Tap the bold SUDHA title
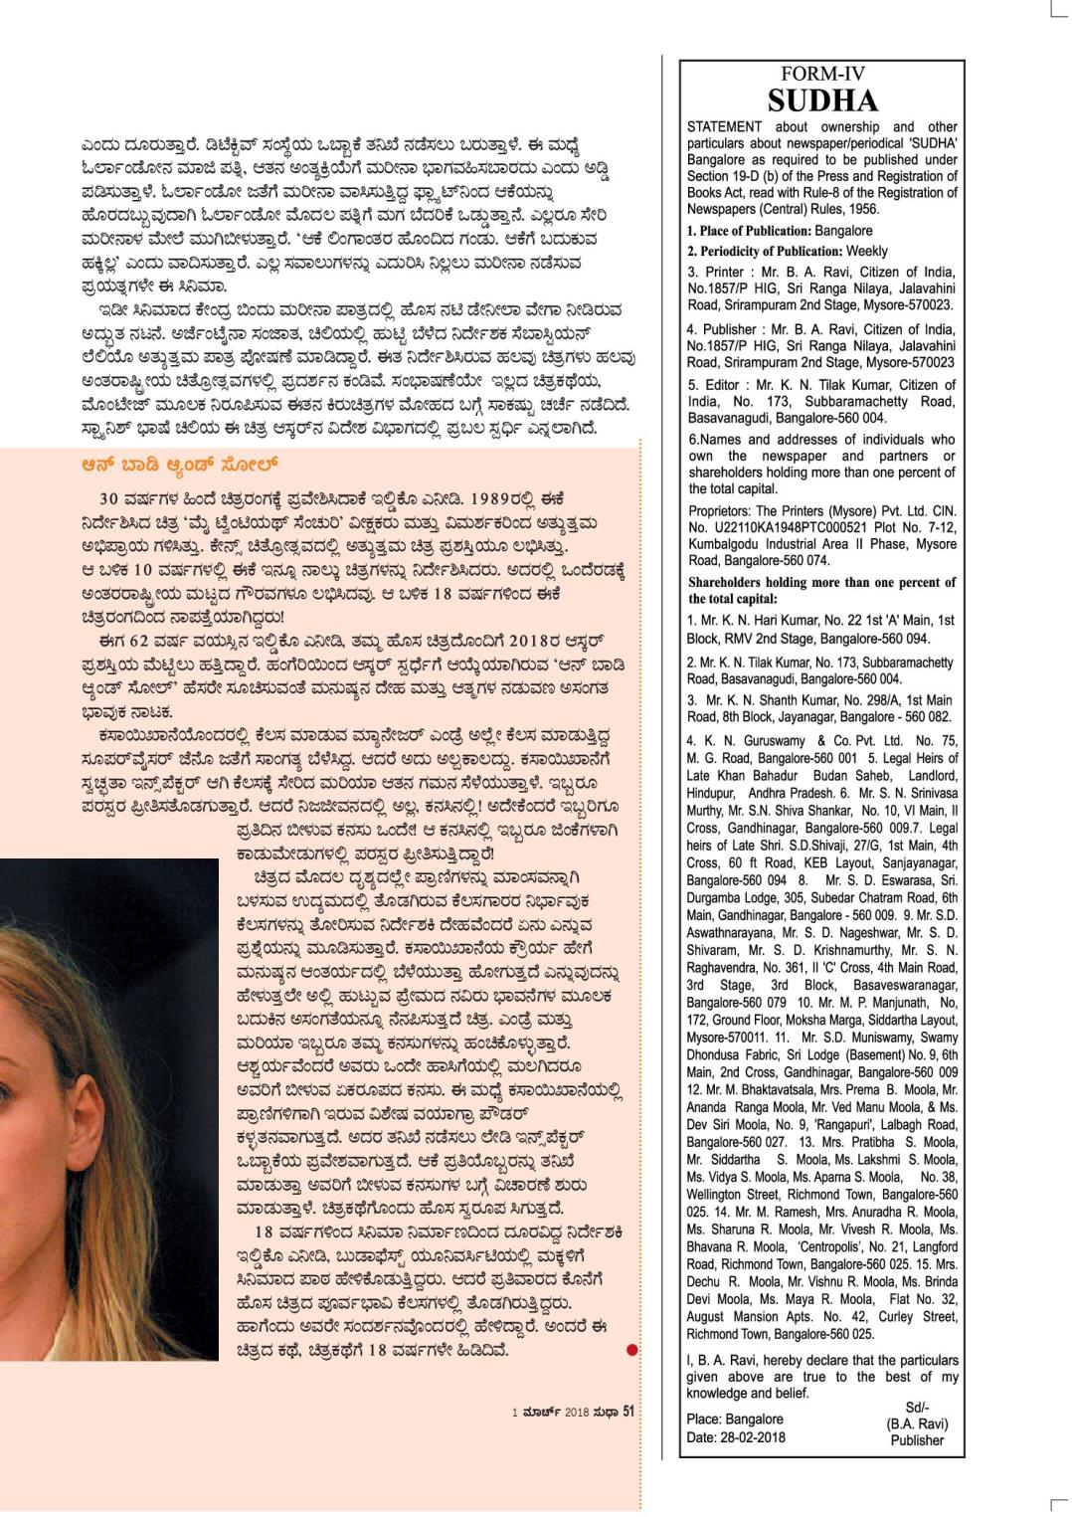pyautogui.click(x=821, y=100)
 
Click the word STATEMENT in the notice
pyautogui.click(x=724, y=127)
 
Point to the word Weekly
pyautogui.click(x=867, y=252)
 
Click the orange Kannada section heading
pyautogui.click(x=180, y=465)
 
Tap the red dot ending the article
pyautogui.click(x=631, y=1350)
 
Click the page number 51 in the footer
pyautogui.click(x=627, y=1412)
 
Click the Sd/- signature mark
pyautogui.click(x=916, y=1408)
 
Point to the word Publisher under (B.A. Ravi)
pyautogui.click(x=916, y=1439)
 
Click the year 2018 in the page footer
pyautogui.click(x=577, y=1413)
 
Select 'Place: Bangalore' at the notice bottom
pyautogui.click(x=734, y=1420)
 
